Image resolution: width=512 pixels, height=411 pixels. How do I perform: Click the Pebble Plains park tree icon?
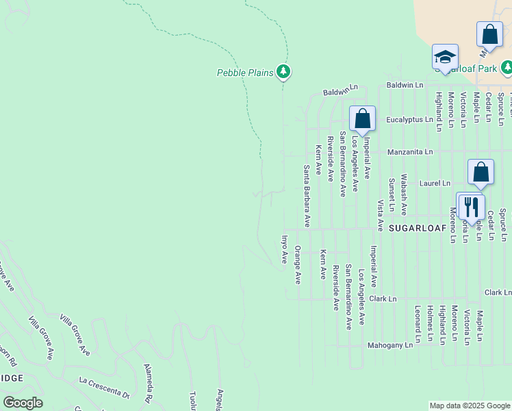pos(283,71)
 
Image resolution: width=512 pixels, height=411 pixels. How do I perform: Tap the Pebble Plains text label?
pos(245,72)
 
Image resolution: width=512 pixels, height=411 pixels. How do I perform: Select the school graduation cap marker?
pos(445,57)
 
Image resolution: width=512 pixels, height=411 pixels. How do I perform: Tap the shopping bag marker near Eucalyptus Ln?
pos(362,118)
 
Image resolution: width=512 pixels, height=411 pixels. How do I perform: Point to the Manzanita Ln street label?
pos(410,151)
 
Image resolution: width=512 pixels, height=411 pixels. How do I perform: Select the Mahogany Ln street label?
pos(390,345)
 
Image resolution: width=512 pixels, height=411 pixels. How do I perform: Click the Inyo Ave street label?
pos(284,249)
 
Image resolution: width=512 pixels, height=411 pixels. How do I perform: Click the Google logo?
pos(23,403)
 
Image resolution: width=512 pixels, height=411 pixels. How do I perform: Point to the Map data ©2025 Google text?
pos(470,406)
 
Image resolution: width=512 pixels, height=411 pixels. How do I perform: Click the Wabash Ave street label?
pos(404,195)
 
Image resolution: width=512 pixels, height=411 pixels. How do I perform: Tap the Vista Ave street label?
pos(380,214)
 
